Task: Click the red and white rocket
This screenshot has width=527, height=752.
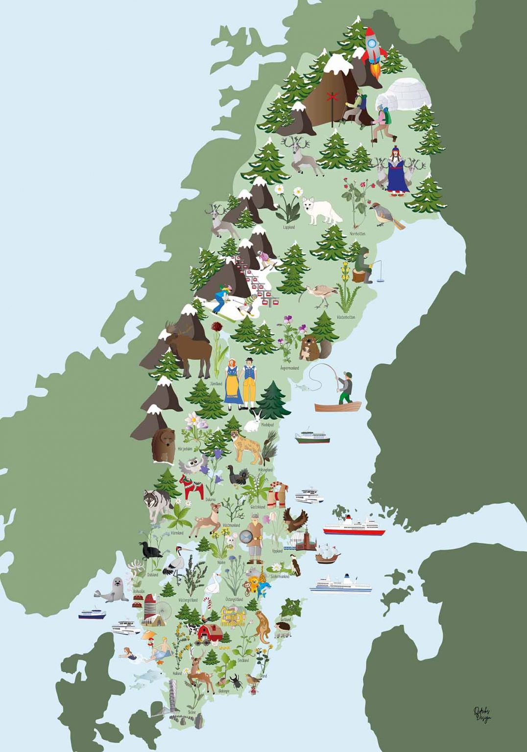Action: [x=374, y=47]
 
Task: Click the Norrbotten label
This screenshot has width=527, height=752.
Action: [x=358, y=234]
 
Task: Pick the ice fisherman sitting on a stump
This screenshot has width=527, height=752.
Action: [x=365, y=265]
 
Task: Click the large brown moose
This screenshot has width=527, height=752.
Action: [x=189, y=347]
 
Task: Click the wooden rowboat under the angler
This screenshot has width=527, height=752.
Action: [x=337, y=406]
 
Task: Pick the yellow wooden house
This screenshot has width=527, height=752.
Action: [x=234, y=615]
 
